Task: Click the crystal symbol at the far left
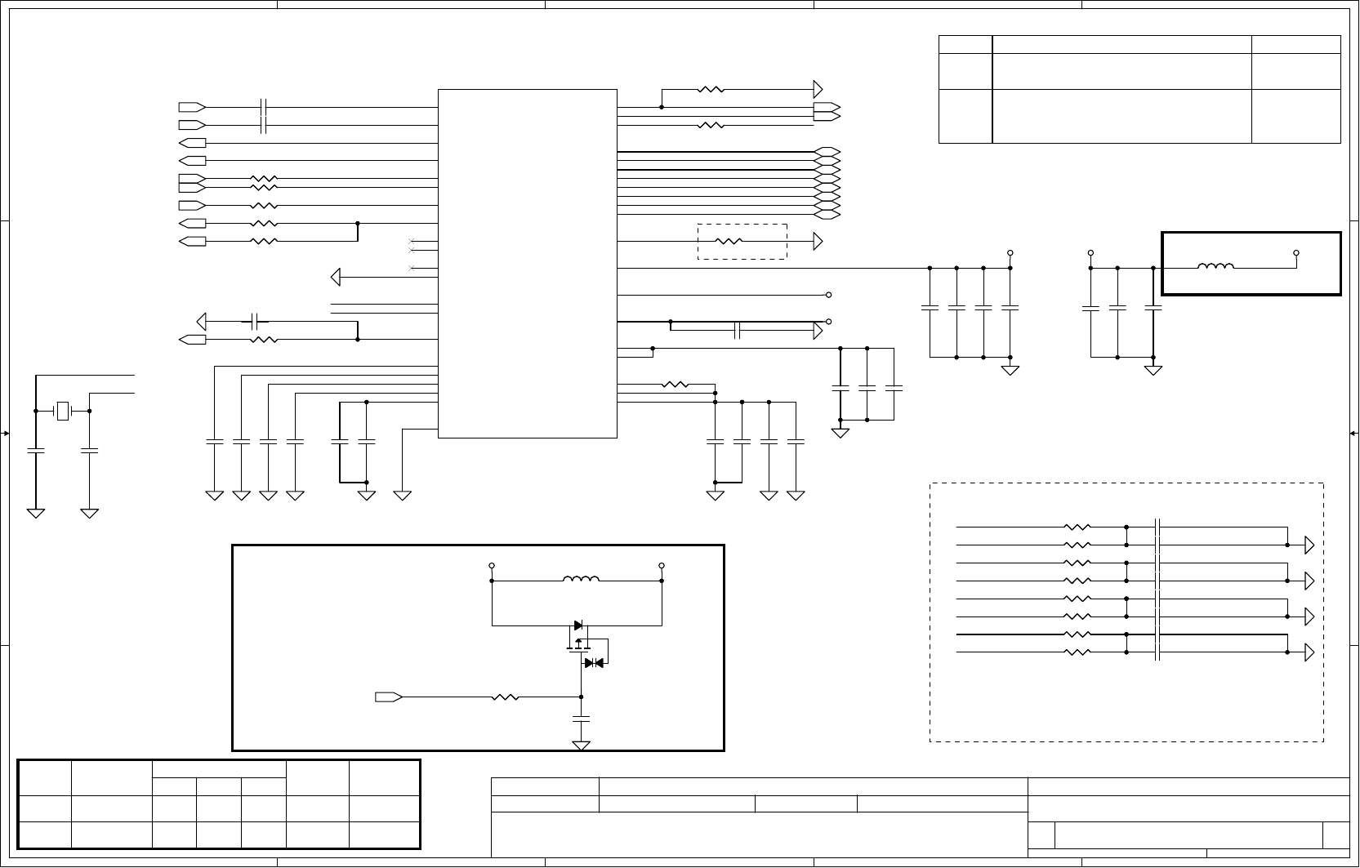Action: [63, 412]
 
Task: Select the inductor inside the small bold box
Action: [1215, 266]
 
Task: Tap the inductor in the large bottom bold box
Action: [581, 580]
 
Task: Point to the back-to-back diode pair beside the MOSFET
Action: [594, 663]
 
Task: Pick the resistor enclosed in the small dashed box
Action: [728, 241]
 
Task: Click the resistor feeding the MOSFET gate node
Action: [506, 697]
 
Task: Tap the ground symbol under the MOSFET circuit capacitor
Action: [581, 746]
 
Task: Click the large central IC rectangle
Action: [527, 263]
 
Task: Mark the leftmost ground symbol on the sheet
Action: [36, 513]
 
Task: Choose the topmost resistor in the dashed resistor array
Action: [1077, 527]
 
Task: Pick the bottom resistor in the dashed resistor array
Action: [1077, 652]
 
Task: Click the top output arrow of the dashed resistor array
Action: [1309, 545]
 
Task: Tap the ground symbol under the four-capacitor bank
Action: [1010, 371]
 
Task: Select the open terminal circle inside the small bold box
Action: [1296, 253]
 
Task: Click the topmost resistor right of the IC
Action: [711, 89]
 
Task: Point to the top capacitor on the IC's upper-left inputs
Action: [263, 107]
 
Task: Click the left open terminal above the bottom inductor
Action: [492, 565]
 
